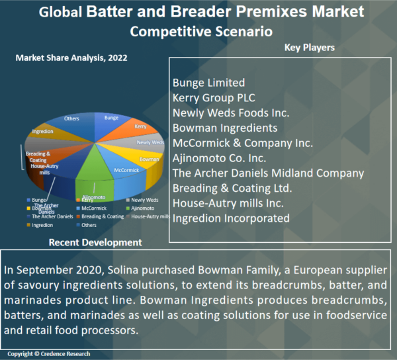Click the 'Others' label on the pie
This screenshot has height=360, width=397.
[x=71, y=118]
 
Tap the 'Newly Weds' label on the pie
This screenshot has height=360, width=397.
[x=150, y=142]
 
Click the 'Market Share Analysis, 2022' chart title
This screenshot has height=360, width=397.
[x=71, y=58]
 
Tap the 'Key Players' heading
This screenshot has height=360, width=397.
[x=309, y=48]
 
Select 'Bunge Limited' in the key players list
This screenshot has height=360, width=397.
[x=208, y=83]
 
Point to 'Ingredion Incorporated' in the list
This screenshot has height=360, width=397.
[x=231, y=218]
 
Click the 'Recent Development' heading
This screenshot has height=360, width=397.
[x=95, y=243]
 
